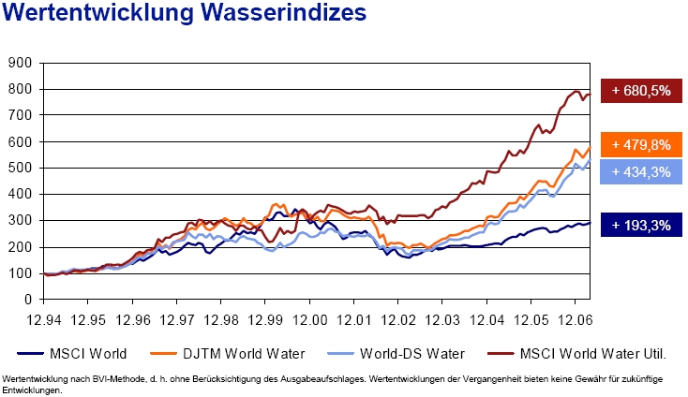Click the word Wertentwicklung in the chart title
pyautogui.click(x=98, y=16)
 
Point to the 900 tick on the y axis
pyautogui.click(x=20, y=63)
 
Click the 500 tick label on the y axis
pyautogui.click(x=20, y=169)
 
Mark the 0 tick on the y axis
pyautogui.click(x=27, y=300)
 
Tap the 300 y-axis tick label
pyautogui.click(x=20, y=221)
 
